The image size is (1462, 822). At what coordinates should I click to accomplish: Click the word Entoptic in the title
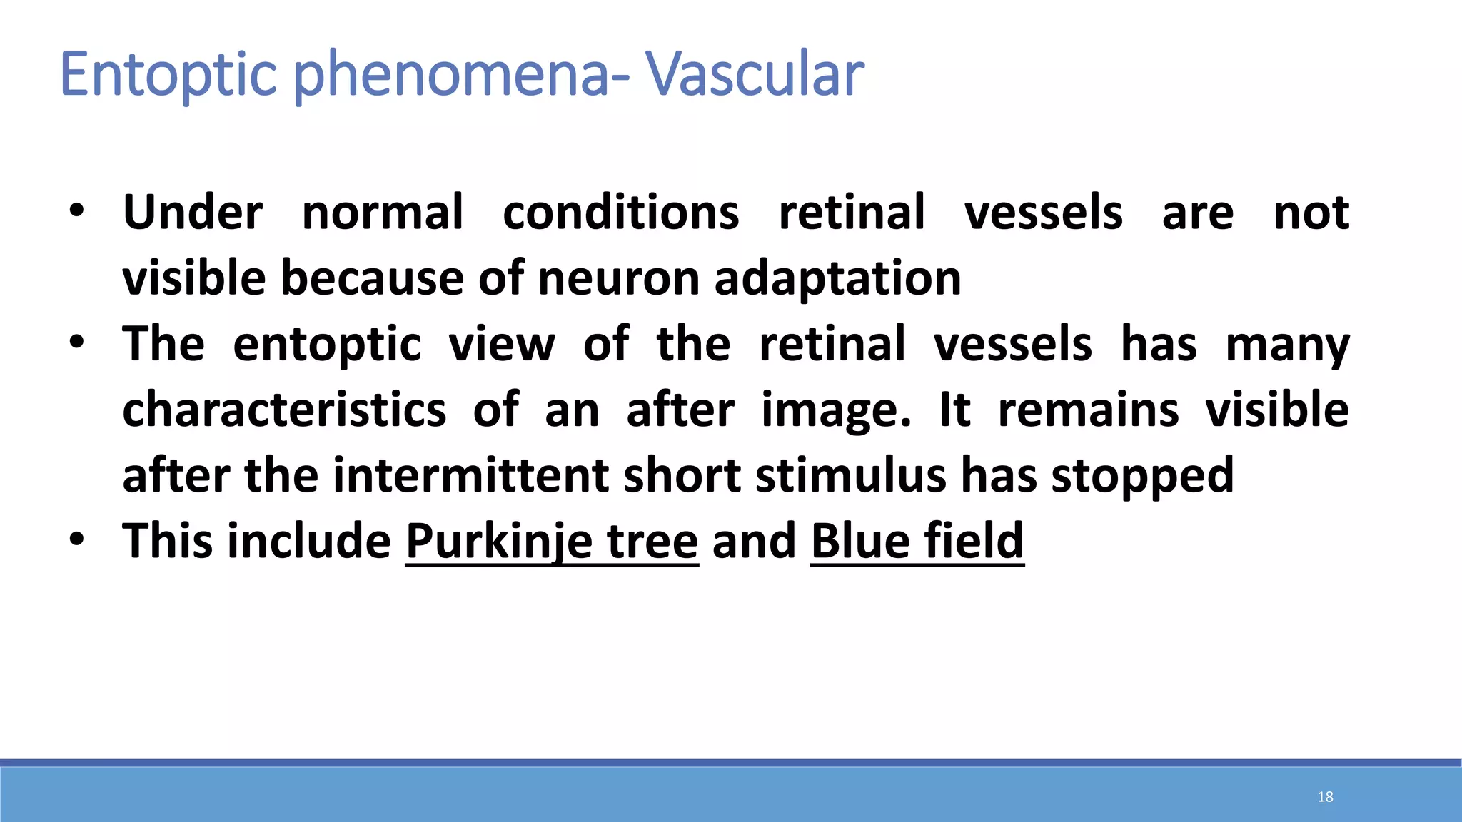tap(168, 74)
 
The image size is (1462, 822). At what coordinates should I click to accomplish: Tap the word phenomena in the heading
tap(454, 74)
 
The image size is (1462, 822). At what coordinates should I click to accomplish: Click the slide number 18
tap(1325, 796)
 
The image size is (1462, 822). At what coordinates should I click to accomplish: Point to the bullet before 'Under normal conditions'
tap(77, 212)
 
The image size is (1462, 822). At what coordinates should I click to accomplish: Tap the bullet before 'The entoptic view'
tap(77, 343)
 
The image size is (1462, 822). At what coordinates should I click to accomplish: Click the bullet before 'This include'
tap(77, 540)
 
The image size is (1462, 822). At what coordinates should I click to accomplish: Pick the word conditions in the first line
tap(620, 212)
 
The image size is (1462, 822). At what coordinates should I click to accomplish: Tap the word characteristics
tap(284, 410)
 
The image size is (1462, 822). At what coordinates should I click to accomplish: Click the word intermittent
tap(470, 475)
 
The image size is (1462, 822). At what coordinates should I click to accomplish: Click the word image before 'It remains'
tap(835, 410)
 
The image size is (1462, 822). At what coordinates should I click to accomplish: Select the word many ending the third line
tap(1287, 345)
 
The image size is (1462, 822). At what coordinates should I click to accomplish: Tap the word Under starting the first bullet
tap(193, 212)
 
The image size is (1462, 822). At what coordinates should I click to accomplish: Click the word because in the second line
tap(372, 278)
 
